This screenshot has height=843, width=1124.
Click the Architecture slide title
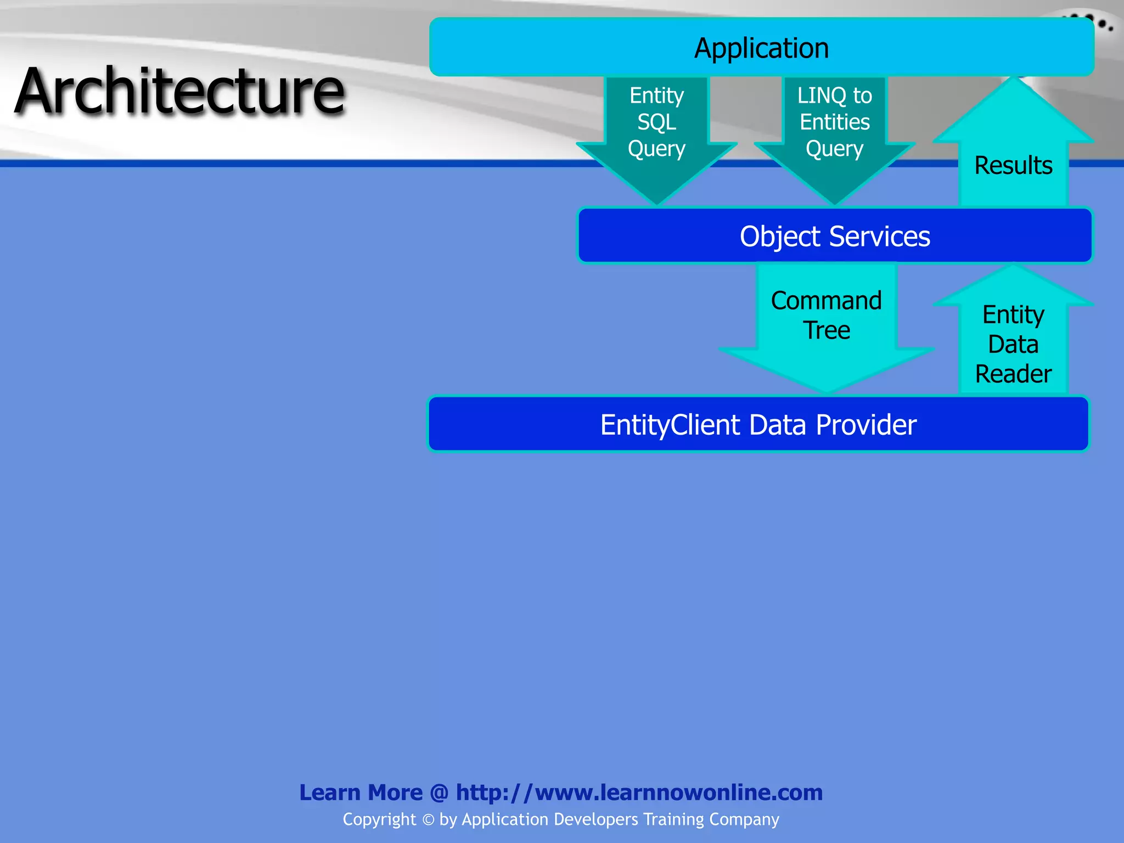coord(180,91)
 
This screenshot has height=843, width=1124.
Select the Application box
coord(761,48)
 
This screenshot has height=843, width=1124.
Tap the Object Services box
coord(834,237)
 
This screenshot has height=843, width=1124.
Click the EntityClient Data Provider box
coord(758,425)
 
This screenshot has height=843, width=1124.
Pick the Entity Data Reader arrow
coord(1013,340)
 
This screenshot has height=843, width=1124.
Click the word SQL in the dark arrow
coord(656,122)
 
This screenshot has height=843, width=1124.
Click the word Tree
coord(827,330)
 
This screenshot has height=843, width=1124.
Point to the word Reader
coord(1013,374)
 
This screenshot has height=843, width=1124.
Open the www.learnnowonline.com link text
coord(678,793)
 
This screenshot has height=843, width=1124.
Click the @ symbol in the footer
coord(439,793)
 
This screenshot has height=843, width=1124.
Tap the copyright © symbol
coord(428,819)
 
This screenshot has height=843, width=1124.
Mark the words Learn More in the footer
coord(361,793)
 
